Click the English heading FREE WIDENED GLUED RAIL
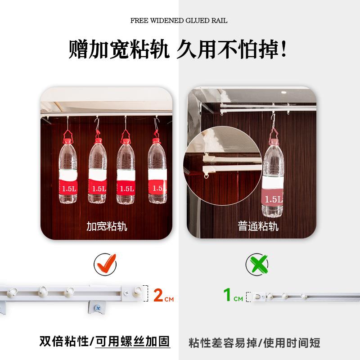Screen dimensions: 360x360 coord(179,21)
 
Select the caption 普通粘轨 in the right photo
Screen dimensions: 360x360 coord(258,226)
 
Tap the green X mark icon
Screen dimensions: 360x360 coord(257,264)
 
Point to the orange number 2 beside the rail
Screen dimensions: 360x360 coord(157,296)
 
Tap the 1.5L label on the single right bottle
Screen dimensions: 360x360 coord(273,198)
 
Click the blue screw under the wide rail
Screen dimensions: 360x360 coord(97,308)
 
